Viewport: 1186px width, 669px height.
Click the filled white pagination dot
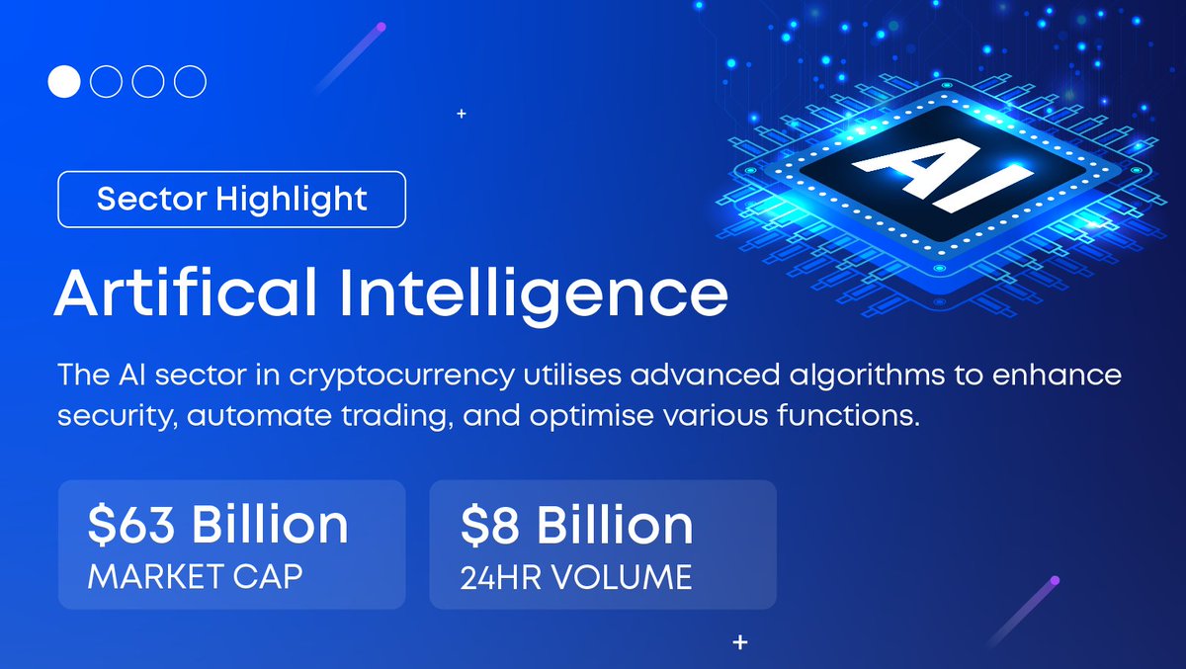(63, 81)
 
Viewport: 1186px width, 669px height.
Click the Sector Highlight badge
(232, 200)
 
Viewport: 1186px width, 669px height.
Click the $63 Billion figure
(217, 525)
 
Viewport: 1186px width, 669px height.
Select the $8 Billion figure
(576, 525)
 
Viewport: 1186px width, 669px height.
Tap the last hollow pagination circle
(190, 81)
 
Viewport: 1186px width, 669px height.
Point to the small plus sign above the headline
(462, 115)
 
